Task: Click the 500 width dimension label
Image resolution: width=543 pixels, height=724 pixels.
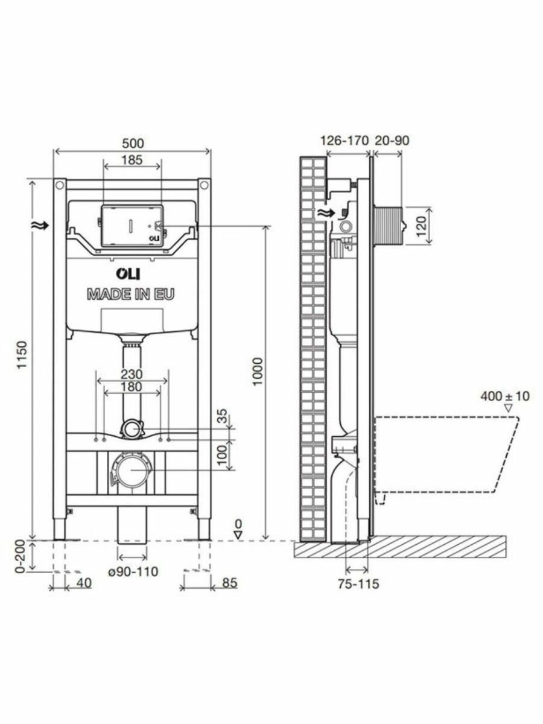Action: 133,144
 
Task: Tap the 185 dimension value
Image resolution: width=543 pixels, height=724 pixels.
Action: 132,160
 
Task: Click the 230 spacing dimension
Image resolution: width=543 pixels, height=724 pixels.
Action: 132,374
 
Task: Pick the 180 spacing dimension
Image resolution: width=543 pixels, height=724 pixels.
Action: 132,387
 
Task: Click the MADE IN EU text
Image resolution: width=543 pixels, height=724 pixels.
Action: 130,294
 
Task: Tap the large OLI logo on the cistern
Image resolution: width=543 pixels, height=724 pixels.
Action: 127,274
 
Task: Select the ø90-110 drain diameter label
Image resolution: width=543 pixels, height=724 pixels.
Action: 133,571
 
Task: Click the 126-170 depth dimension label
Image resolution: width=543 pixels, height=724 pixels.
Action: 345,141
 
